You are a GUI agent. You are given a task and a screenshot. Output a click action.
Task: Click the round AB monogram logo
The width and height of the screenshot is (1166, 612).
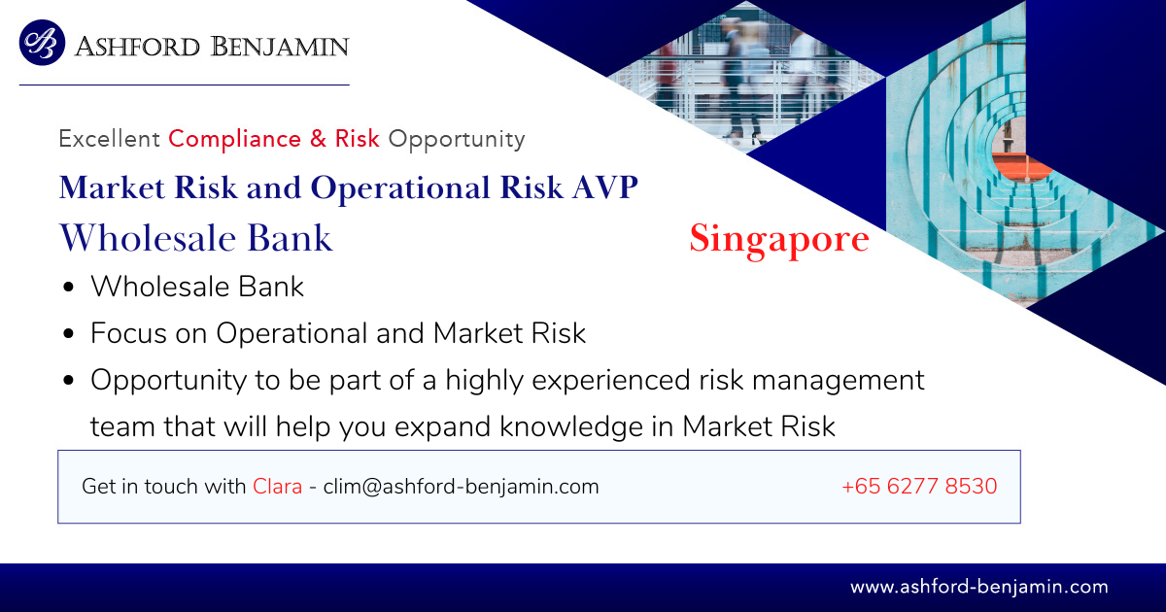pos(42,43)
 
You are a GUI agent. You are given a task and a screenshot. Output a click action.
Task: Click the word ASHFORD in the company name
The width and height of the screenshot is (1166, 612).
pos(137,47)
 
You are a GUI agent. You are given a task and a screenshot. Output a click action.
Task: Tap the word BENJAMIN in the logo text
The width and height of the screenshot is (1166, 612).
pos(280,47)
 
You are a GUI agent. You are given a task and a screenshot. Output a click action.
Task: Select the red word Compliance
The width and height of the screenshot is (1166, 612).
pos(235,139)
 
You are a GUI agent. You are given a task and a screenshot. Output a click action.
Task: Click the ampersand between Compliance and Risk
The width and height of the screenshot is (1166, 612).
pos(318,138)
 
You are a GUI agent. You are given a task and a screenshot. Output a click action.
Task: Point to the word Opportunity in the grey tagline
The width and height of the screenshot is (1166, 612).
pos(457,140)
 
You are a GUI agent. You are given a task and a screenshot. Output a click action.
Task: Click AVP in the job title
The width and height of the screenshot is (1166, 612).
pos(605,187)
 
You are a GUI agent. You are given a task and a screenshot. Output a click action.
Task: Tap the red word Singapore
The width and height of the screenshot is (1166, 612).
pos(779,239)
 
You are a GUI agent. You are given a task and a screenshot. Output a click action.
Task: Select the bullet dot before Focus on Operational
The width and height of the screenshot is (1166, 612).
pos(69,333)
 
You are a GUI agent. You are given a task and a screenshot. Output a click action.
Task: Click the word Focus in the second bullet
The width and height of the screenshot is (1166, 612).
pos(128,333)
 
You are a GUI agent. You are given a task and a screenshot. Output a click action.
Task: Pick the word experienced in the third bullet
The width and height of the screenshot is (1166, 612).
pos(611,381)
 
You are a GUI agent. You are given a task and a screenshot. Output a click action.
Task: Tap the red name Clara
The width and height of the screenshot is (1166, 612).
pos(278,487)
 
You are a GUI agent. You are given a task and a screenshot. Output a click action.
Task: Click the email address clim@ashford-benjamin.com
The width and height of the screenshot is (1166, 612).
pos(462,487)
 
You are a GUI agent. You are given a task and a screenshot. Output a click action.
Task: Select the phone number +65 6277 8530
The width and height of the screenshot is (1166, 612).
pos(919,486)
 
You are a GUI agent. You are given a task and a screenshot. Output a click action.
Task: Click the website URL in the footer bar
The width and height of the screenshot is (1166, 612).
pos(979,587)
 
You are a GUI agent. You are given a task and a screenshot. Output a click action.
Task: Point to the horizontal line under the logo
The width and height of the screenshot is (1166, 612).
pos(185,85)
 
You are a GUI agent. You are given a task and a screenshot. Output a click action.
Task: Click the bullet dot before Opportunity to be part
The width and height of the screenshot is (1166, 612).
pos(69,381)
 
